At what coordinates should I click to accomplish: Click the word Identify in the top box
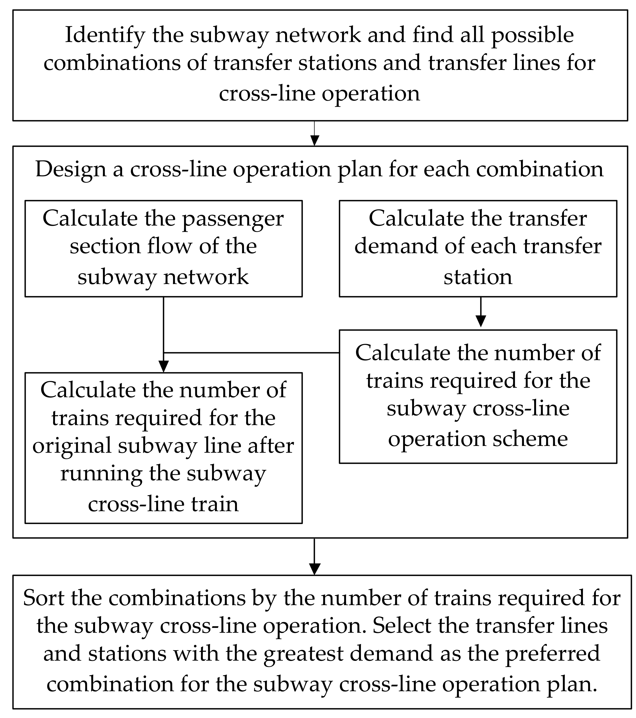[105, 35]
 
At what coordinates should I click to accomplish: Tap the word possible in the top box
[532, 35]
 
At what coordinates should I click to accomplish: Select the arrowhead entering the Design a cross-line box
[315, 141]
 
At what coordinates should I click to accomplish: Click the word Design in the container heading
[71, 169]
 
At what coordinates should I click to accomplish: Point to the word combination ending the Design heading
[539, 169]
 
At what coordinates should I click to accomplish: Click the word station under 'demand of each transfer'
[478, 277]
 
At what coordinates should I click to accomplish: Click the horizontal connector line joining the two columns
[251, 352]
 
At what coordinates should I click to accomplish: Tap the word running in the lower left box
[101, 474]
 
